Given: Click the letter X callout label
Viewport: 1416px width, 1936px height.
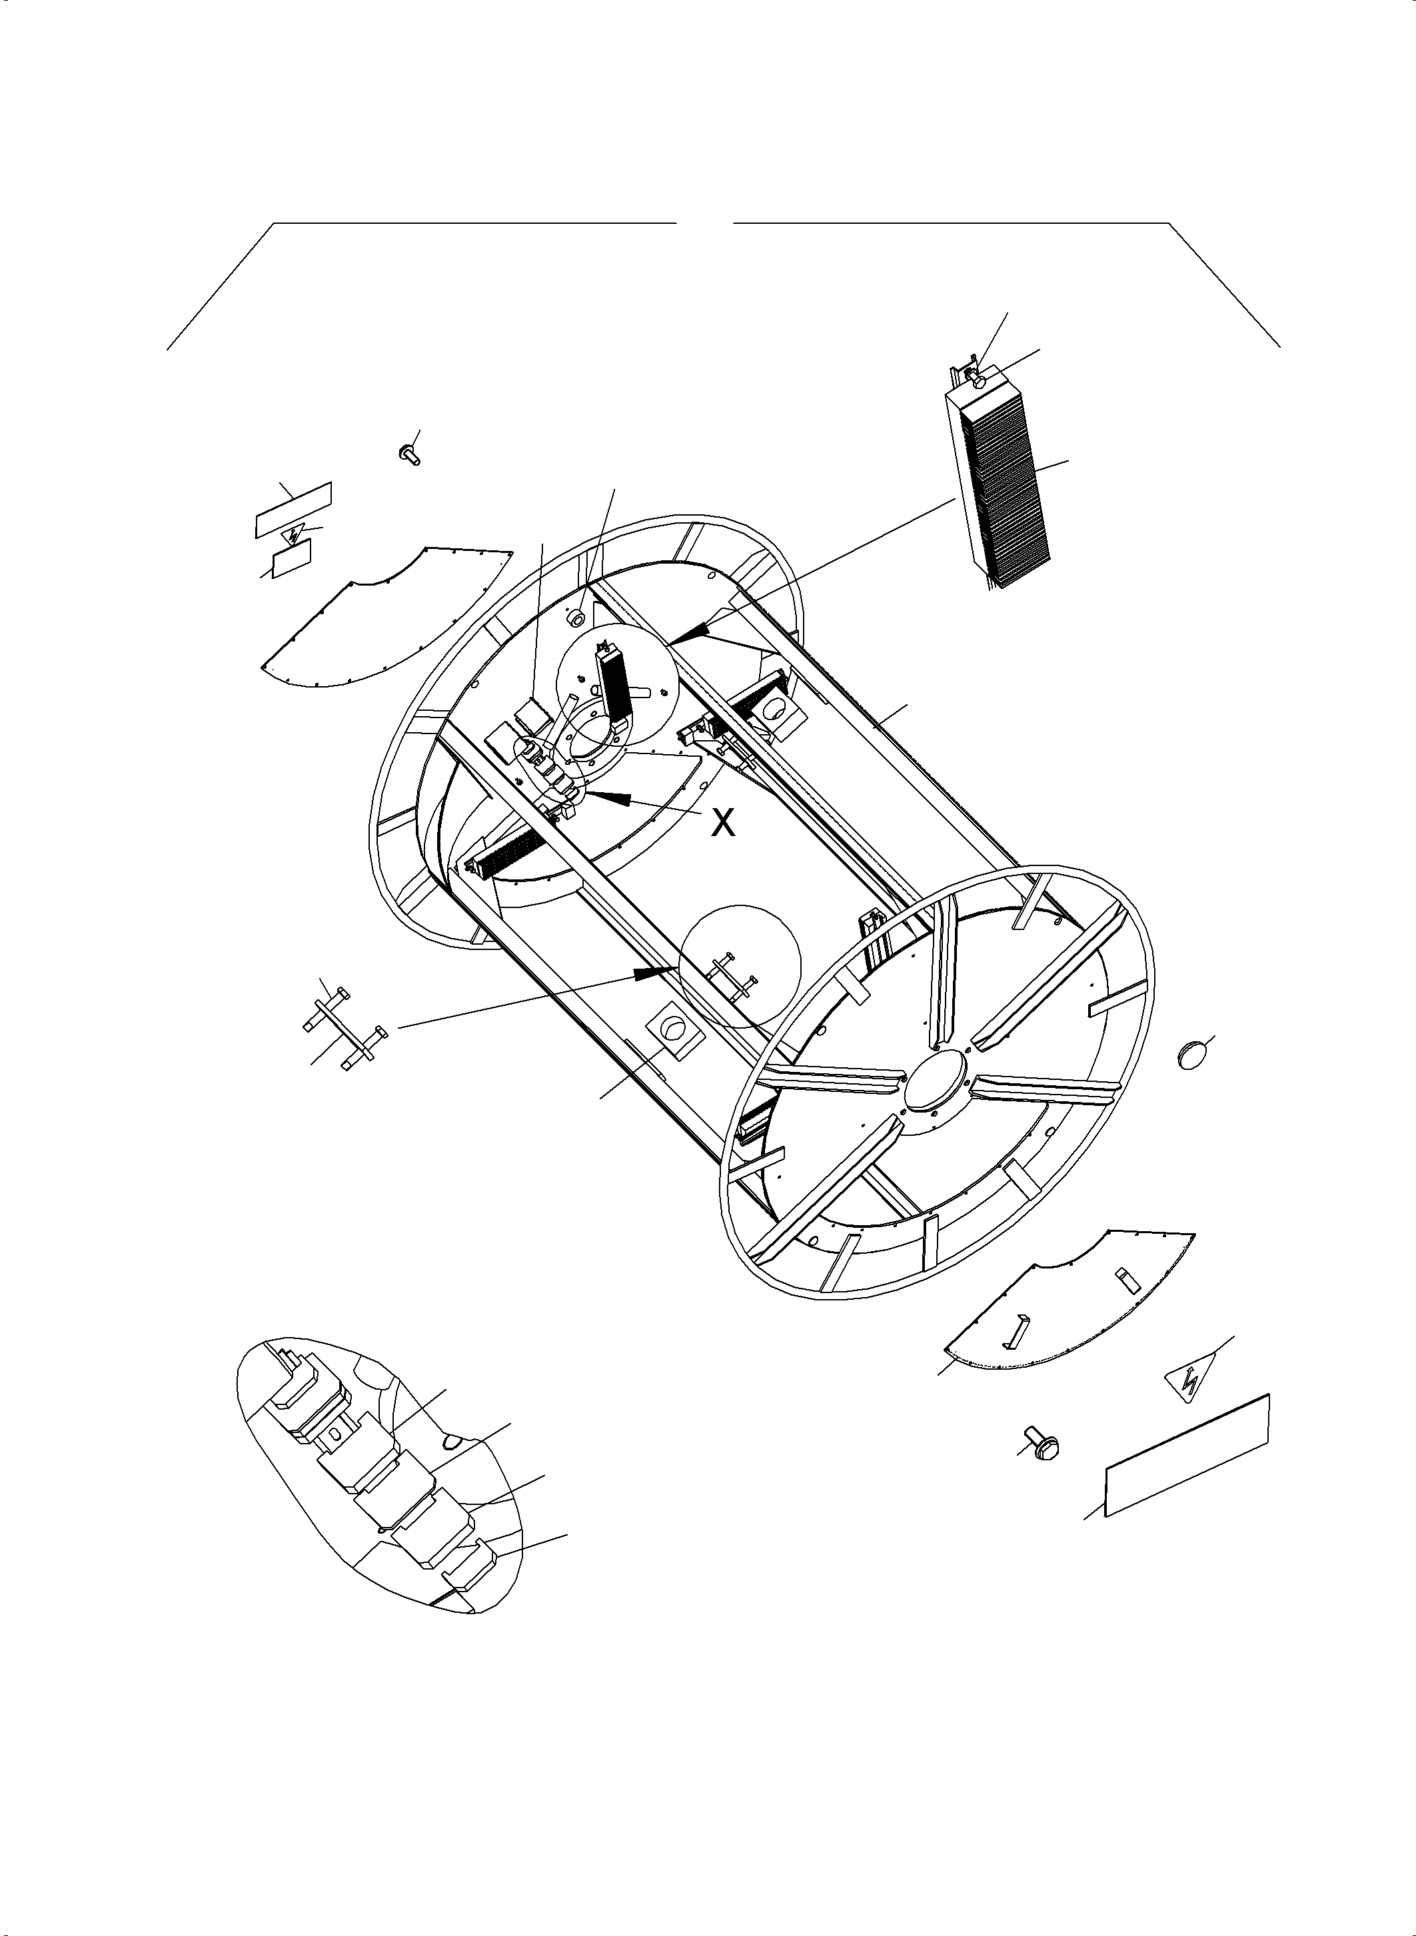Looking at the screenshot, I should [x=724, y=823].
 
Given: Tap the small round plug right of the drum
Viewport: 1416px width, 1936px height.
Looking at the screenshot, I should [x=1192, y=1056].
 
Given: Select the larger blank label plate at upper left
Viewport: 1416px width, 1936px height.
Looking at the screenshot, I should [x=293, y=510].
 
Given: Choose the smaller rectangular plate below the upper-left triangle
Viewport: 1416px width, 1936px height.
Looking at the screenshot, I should [x=291, y=564].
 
